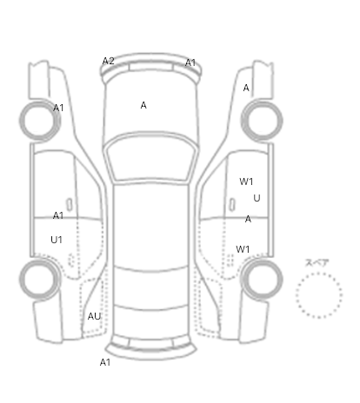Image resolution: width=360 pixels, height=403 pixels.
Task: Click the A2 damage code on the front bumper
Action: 109,61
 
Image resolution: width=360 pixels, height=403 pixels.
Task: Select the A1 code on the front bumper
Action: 190,63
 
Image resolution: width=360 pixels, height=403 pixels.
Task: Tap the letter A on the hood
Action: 143,105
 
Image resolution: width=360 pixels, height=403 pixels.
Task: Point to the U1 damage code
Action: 57,240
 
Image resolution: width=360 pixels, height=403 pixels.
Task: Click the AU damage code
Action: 94,316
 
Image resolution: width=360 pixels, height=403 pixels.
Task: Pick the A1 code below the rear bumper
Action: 105,362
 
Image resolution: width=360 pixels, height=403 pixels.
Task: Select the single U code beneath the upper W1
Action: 257,198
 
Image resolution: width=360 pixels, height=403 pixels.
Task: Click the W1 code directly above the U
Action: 246,182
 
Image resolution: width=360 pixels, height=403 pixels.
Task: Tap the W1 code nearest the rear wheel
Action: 243,249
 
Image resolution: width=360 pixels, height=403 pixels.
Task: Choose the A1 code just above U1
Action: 58,215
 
